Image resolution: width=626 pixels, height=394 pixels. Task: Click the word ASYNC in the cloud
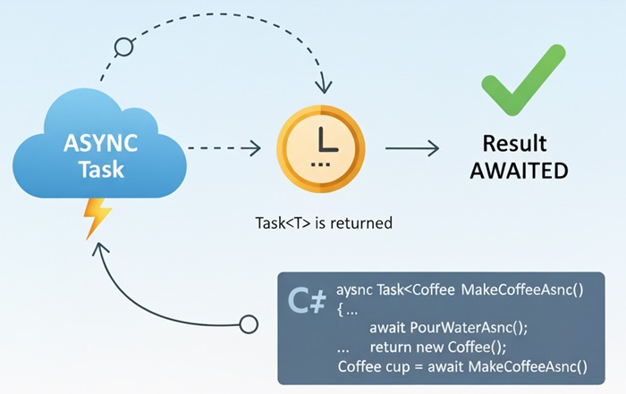click(100, 142)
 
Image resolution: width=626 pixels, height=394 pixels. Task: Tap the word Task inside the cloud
click(100, 169)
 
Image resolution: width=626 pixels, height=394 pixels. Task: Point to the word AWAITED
click(519, 170)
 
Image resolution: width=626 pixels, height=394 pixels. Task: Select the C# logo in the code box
click(306, 303)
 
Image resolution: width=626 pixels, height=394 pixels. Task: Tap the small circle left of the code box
click(250, 321)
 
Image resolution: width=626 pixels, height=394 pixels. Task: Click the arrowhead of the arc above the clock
click(321, 89)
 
